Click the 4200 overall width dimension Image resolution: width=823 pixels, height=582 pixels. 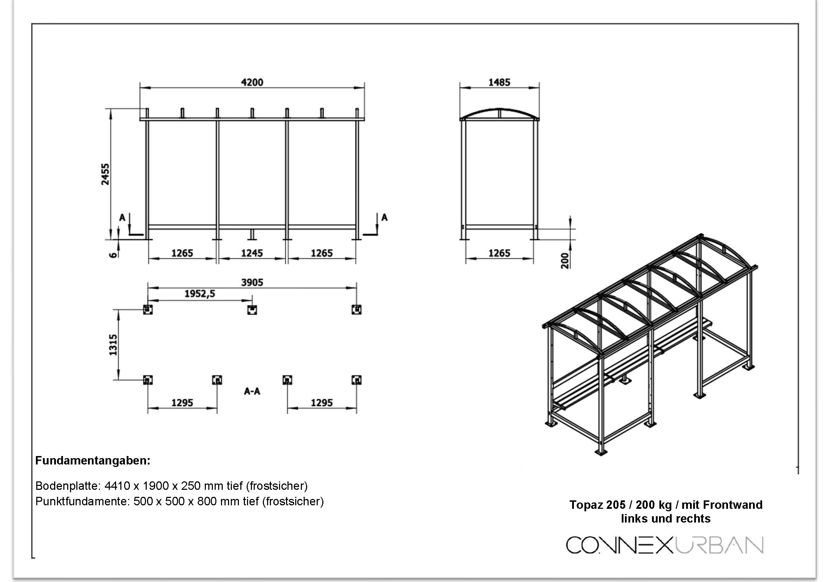pos(252,82)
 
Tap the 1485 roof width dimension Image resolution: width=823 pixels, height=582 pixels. pos(499,82)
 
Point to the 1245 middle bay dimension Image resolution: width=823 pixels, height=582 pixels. pos(252,253)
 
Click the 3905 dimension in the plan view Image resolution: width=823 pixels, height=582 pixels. pos(252,283)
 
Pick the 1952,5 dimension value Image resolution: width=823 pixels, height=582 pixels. pos(200,294)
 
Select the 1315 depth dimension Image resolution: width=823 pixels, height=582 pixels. pos(113,345)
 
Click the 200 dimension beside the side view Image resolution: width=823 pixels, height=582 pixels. pos(565,260)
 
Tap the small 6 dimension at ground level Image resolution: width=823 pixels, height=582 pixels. pos(113,255)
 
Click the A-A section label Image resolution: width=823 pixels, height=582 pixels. pos(252,391)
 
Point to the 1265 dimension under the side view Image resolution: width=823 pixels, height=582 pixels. pos(499,253)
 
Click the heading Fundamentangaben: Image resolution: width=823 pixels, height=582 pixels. pos(93,461)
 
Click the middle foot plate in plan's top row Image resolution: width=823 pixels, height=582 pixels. pos(252,310)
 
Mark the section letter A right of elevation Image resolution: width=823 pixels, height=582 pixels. pos(384,217)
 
